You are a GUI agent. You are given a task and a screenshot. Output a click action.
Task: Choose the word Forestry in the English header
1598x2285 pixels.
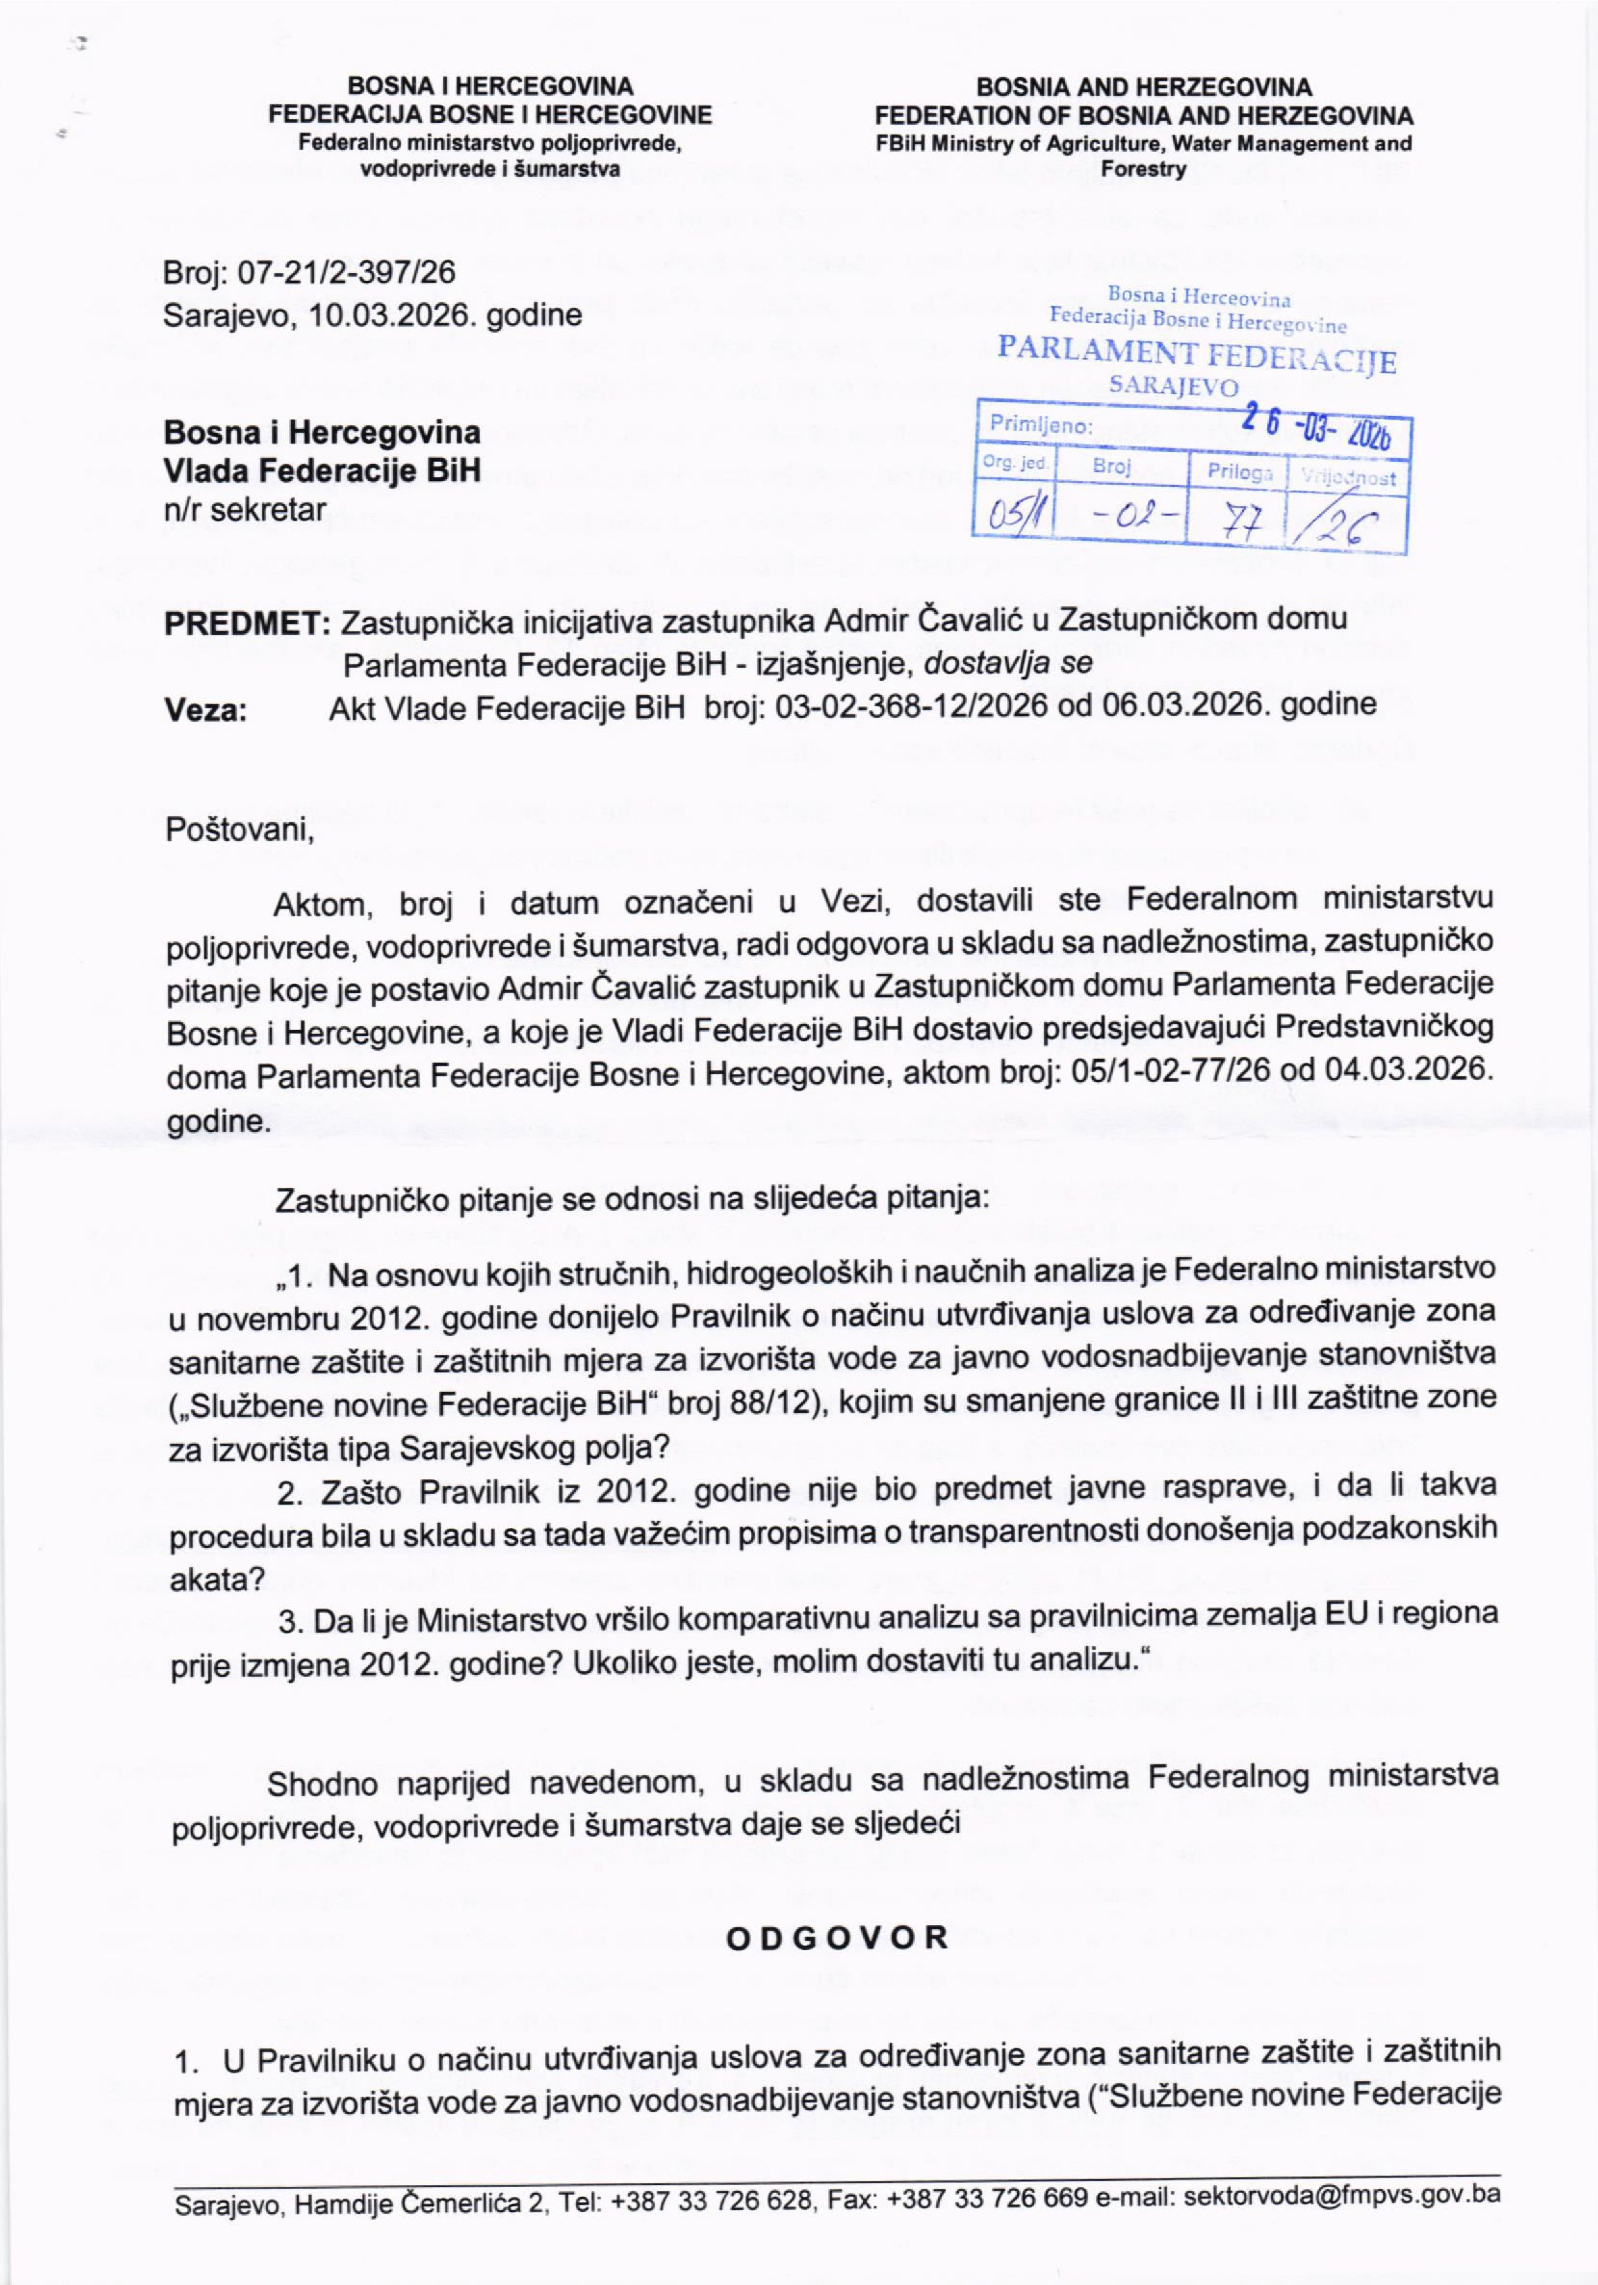pyautogui.click(x=1143, y=169)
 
